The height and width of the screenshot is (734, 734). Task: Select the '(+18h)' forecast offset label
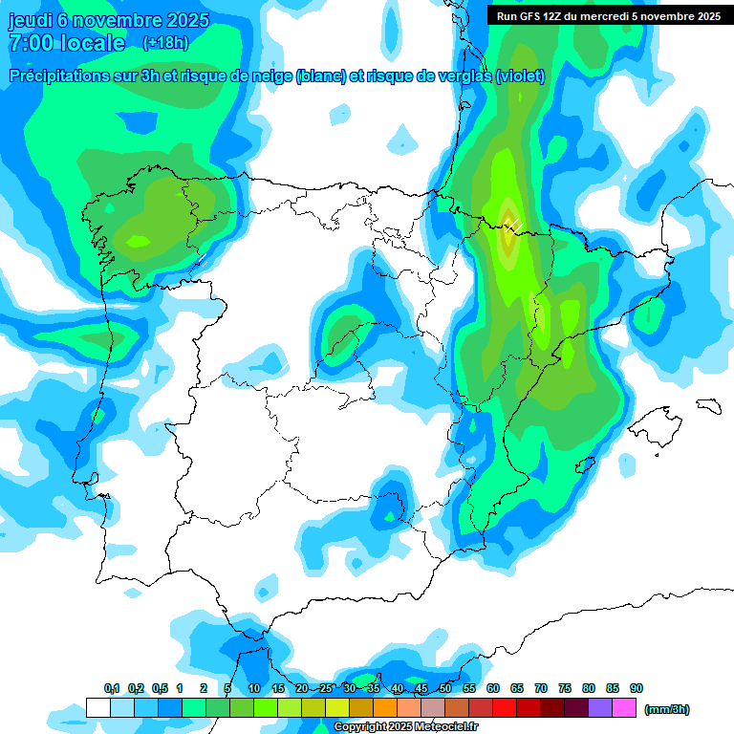click(x=164, y=43)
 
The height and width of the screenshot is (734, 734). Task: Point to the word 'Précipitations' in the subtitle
click(x=68, y=76)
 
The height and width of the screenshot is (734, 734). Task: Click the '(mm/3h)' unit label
click(x=666, y=709)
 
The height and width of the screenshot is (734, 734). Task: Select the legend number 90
click(x=637, y=688)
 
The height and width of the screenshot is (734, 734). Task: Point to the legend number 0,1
click(x=111, y=688)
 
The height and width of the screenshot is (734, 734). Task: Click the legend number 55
click(x=469, y=688)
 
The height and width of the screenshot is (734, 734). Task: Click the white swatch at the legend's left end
click(x=97, y=708)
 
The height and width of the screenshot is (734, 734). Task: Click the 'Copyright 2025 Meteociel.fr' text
click(x=406, y=727)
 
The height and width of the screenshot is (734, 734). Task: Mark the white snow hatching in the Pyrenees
click(x=513, y=225)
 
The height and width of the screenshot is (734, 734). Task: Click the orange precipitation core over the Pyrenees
click(x=507, y=234)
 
